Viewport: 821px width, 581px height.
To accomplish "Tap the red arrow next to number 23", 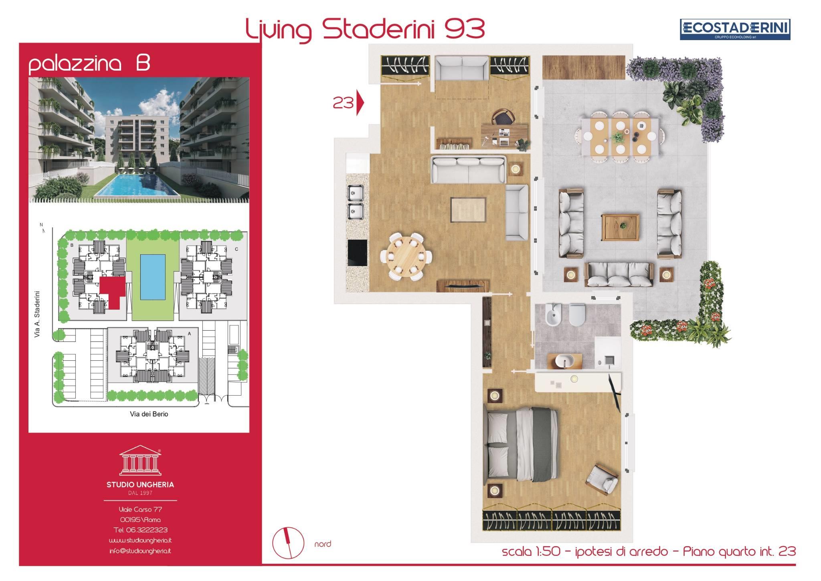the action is coord(360,104).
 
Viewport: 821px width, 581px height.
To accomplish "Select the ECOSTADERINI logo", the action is coord(735,29).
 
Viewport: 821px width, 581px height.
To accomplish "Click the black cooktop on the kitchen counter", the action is coord(357,253).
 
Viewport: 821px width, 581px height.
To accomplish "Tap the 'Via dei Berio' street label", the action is coord(149,414).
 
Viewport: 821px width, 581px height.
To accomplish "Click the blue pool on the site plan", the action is coord(152,277).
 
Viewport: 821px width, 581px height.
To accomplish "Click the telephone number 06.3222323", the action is coord(141,530).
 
